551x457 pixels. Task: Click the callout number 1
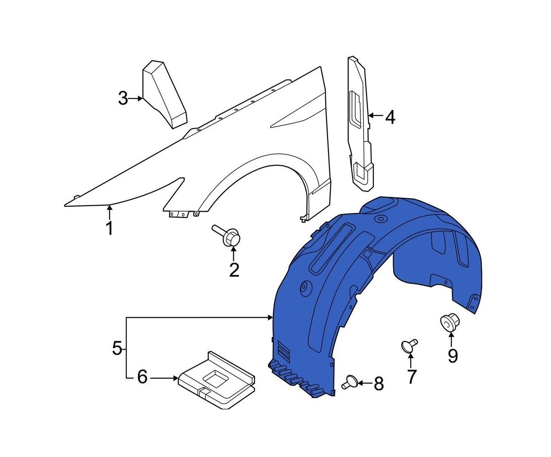point(109,228)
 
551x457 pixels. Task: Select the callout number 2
point(234,270)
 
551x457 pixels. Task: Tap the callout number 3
point(123,98)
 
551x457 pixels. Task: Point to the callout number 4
point(390,117)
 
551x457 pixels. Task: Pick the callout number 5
point(117,348)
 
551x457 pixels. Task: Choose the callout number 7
point(411,377)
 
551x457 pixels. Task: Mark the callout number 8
point(379,384)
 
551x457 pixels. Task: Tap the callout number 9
point(453,356)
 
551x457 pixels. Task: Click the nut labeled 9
point(450,321)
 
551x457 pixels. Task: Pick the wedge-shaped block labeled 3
point(164,95)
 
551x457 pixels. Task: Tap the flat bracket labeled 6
point(216,380)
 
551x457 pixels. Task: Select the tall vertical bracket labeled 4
point(360,124)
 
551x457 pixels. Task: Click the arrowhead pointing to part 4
point(371,115)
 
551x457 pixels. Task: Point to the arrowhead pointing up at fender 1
point(109,208)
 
